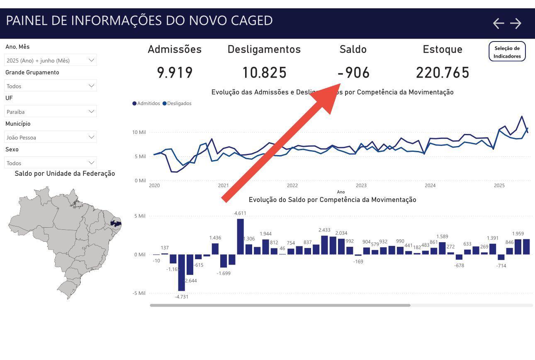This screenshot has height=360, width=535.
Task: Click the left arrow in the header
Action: click(x=498, y=24)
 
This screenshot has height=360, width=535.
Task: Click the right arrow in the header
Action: click(x=516, y=24)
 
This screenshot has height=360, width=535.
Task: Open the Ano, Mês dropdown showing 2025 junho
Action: click(x=50, y=60)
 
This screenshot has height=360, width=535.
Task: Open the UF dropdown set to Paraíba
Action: click(x=50, y=112)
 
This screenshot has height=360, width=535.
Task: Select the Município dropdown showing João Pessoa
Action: click(x=50, y=137)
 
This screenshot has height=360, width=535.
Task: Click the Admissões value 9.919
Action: click(x=175, y=73)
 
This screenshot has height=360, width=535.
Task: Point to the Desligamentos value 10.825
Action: click(x=264, y=73)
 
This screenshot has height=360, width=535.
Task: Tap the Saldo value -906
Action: click(x=353, y=73)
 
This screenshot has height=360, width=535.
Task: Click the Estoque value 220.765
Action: click(x=443, y=73)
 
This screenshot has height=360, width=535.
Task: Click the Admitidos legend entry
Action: click(x=146, y=103)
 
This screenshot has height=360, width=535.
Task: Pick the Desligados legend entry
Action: click(x=177, y=103)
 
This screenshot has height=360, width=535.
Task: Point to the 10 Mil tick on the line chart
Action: click(x=139, y=132)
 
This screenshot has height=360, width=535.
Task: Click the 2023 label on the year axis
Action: click(x=361, y=185)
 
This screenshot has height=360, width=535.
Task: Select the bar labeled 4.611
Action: click(x=240, y=236)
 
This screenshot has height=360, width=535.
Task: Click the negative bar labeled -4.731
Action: click(x=181, y=272)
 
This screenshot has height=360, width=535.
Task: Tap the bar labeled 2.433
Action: click(x=324, y=245)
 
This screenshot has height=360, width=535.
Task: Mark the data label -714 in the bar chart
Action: click(x=501, y=265)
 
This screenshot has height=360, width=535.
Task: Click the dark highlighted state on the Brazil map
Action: click(x=115, y=224)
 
